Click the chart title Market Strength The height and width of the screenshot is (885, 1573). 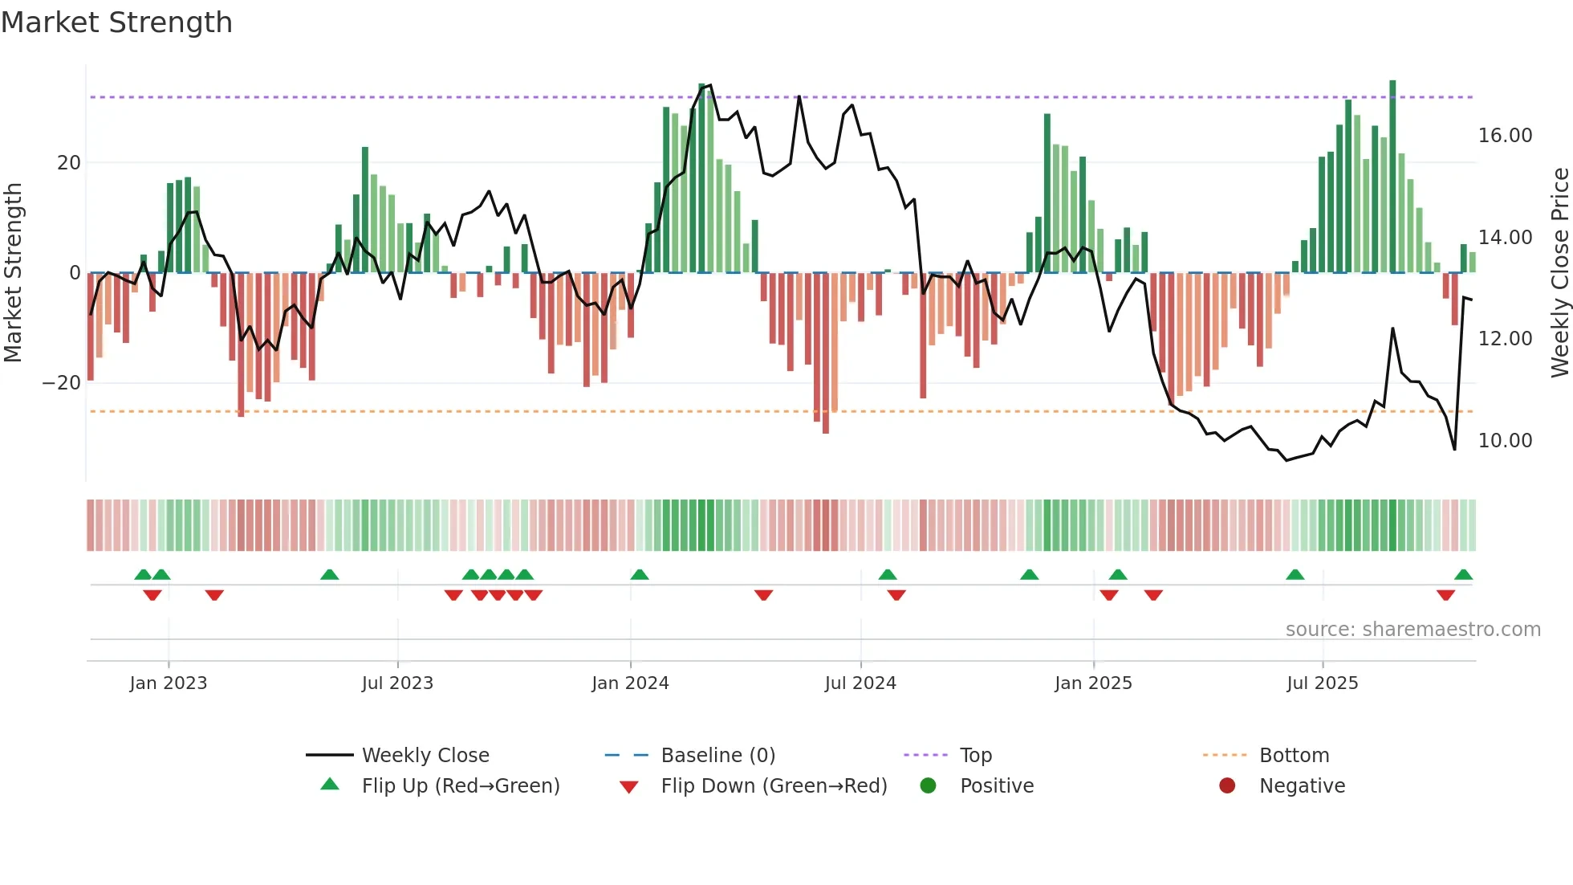coord(117,22)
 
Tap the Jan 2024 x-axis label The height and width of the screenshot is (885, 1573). coord(630,683)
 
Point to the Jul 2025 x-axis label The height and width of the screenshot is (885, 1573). coord(1322,683)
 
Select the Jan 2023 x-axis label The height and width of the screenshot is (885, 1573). coord(169,683)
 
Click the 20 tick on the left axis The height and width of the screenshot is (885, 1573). coord(69,163)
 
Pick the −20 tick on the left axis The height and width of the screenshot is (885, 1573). coord(62,383)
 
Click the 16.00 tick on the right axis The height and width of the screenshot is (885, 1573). coord(1505,136)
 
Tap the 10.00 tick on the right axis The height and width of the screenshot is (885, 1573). coord(1505,441)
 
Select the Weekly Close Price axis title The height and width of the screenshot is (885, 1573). coord(1559,272)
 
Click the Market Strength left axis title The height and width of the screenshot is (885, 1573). coord(14,272)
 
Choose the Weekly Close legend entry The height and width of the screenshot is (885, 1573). coord(425,756)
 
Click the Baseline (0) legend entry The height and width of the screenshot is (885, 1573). coord(717,756)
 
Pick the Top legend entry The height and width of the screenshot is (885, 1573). coord(975,756)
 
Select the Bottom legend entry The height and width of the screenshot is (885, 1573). coord(1294,756)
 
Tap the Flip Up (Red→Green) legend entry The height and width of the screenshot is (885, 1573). coord(460,786)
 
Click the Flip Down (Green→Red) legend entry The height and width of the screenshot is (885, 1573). coord(774,786)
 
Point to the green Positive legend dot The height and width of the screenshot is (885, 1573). coord(929,786)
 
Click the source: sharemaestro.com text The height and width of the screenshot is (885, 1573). coord(1412,630)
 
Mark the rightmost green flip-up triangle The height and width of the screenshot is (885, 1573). coord(1463,575)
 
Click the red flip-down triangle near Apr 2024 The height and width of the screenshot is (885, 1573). coord(763,595)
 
